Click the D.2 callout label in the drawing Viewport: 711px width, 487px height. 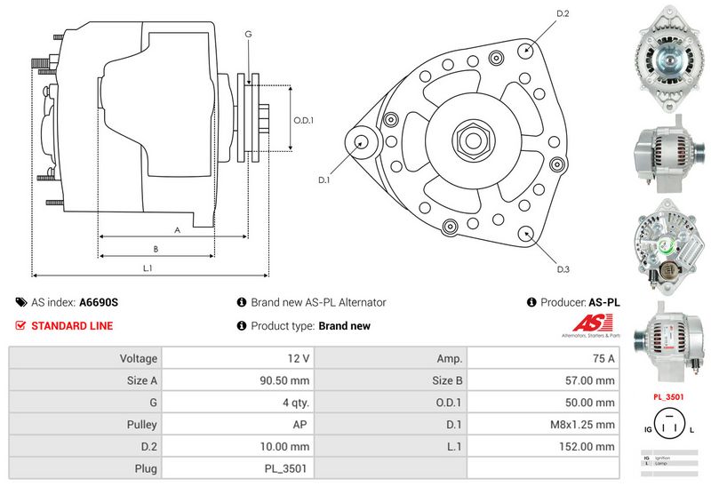pos(562,14)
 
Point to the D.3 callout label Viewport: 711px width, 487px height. pos(562,269)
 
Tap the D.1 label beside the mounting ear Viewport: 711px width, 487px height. pos(324,180)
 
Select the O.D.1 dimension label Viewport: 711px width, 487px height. pos(305,120)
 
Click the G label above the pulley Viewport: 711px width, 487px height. pos(248,34)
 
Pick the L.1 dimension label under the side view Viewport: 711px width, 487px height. pos(148,267)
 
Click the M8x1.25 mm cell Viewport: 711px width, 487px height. pos(582,425)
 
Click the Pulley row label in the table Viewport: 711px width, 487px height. pos(141,425)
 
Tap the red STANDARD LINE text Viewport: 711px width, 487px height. pos(72,325)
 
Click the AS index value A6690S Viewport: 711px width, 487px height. pos(99,302)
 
